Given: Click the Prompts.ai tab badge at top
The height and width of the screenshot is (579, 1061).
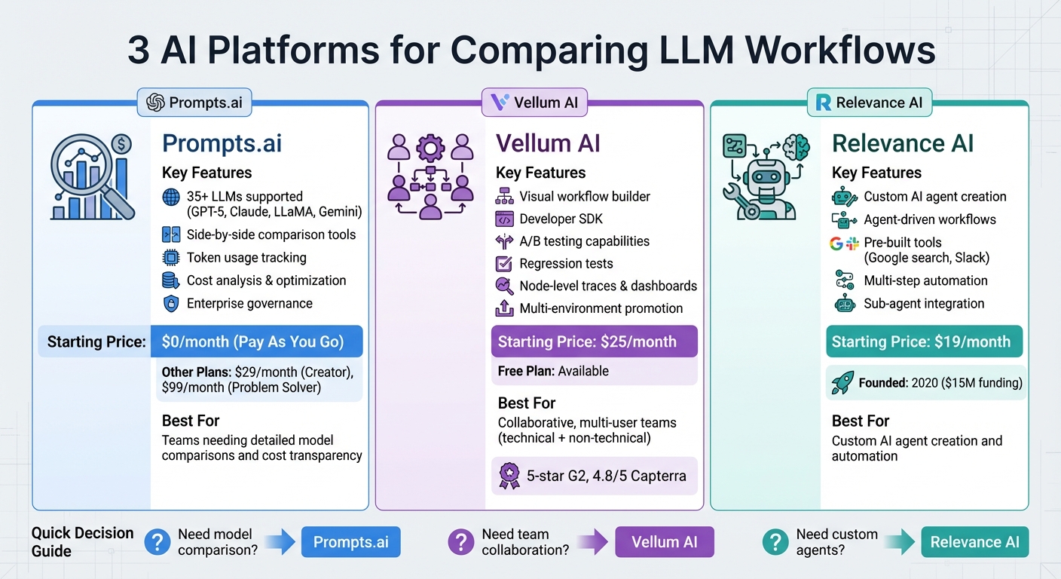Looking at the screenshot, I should coord(194,103).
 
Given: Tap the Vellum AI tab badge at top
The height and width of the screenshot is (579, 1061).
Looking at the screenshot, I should coord(534,103).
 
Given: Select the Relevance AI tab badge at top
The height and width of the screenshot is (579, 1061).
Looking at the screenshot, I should coord(869,103).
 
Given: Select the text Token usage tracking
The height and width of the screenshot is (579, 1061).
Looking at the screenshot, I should coord(246,258).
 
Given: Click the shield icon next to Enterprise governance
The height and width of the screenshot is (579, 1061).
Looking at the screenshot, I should coord(171,304).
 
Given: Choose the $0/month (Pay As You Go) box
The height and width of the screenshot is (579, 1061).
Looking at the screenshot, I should coord(256,342).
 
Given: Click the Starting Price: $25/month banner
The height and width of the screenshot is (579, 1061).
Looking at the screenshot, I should coord(594,342).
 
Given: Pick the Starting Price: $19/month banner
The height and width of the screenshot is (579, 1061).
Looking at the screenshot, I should coord(924,342).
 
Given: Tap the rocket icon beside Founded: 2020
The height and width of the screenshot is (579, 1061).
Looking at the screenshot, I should coord(842,383).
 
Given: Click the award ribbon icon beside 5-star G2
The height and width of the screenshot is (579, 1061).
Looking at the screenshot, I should coord(509,476).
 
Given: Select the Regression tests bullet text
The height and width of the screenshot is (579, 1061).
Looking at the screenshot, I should coord(566,264).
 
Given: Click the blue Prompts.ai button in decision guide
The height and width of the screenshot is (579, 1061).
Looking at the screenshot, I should coord(350,542).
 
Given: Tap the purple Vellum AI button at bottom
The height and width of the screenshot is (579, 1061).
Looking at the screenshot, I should coord(664,542).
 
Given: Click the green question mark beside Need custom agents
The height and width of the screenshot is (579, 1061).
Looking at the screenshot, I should coord(775,542).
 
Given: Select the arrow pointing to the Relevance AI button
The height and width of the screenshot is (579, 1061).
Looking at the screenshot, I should coord(898,542).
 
